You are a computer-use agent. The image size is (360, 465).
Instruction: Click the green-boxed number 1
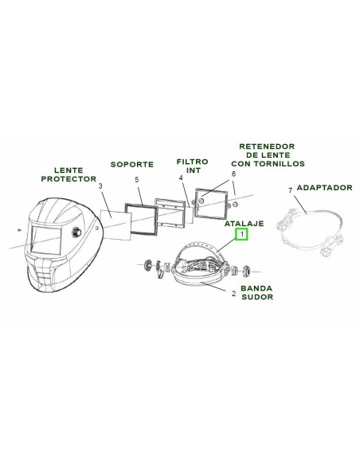(241, 234)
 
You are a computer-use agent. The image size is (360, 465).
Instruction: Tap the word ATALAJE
(244, 223)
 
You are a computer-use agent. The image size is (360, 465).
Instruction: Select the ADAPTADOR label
(324, 187)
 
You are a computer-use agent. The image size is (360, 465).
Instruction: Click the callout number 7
(291, 190)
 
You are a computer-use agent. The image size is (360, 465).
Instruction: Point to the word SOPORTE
(132, 164)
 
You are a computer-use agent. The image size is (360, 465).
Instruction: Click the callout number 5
(137, 180)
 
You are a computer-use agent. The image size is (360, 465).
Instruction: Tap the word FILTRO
(193, 162)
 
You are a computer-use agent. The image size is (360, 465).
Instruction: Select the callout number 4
(181, 178)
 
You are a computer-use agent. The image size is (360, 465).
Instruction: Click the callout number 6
(233, 174)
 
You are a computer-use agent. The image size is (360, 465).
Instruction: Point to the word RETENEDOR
(267, 147)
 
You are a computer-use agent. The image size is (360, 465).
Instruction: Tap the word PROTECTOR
(68, 179)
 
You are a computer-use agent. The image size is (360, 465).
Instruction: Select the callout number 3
(100, 186)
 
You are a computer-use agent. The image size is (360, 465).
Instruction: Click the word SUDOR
(257, 297)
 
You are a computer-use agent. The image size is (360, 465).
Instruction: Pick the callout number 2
(233, 294)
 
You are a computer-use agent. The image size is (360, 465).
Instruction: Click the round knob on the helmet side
(76, 232)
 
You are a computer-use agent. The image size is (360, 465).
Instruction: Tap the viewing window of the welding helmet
(46, 240)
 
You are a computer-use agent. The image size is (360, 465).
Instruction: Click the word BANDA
(256, 288)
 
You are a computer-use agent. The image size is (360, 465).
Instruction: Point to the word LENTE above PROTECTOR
(68, 170)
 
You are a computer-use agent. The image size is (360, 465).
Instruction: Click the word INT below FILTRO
(194, 170)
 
